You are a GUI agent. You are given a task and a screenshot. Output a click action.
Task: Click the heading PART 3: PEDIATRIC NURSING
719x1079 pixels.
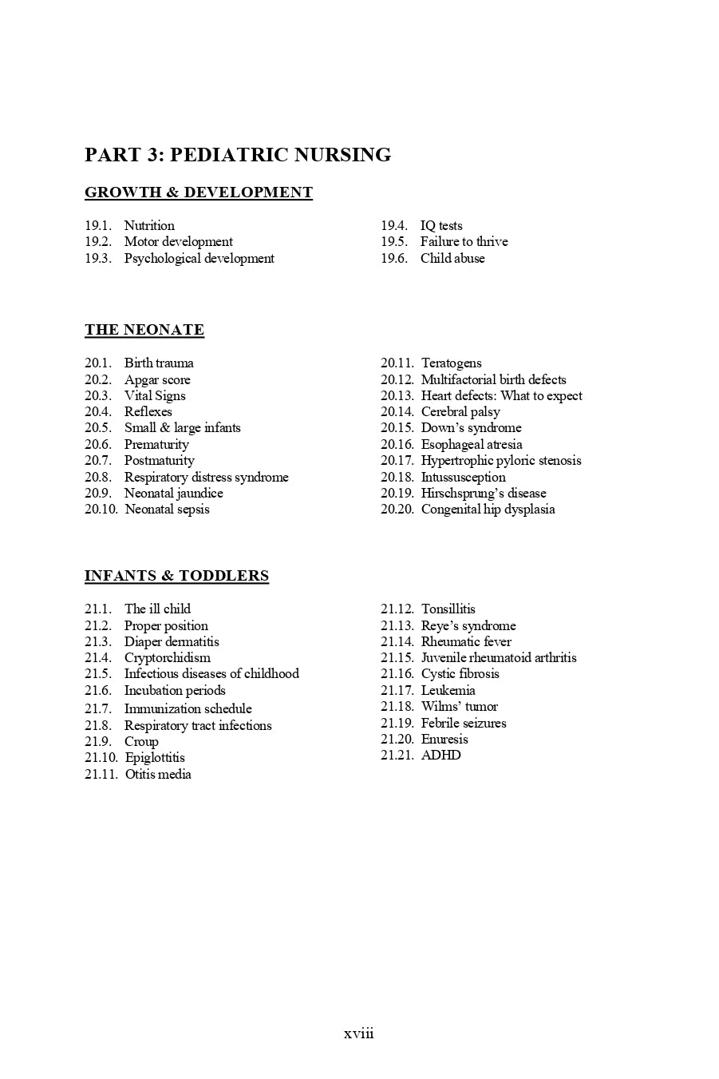tap(238, 155)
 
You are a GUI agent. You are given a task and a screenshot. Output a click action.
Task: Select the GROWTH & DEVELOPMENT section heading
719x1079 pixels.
tap(199, 192)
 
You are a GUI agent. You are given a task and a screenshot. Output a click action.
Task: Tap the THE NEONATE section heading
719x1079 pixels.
tap(144, 330)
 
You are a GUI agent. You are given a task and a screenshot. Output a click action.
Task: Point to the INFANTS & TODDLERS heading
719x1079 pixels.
tap(176, 576)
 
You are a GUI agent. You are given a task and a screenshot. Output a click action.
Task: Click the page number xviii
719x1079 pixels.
tap(359, 1033)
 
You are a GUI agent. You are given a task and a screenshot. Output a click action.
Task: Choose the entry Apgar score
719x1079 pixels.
tap(157, 379)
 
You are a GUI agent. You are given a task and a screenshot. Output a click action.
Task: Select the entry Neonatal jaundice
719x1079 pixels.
tap(173, 493)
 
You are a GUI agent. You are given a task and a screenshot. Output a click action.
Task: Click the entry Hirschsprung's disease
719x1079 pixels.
tap(484, 493)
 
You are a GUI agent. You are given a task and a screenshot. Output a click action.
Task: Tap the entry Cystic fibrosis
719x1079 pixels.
tap(460, 673)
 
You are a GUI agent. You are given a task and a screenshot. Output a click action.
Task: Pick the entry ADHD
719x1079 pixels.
tap(440, 755)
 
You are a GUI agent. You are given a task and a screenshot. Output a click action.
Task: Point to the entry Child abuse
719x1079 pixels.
tap(452, 258)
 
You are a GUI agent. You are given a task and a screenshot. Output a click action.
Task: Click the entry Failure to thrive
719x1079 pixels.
tap(464, 241)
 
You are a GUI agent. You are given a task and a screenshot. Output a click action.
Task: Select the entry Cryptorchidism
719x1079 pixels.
tap(168, 657)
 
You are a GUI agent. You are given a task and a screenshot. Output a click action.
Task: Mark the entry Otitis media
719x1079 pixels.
tap(158, 774)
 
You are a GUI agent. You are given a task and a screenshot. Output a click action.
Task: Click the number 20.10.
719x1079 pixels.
tap(101, 509)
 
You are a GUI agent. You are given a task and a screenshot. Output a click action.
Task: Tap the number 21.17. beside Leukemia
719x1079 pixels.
tap(397, 690)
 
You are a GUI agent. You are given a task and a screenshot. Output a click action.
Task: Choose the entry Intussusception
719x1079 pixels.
tap(463, 477)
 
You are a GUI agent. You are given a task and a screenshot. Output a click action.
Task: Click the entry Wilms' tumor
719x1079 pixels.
tap(459, 706)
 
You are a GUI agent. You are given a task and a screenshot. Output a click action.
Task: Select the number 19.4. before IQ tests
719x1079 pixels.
tap(394, 225)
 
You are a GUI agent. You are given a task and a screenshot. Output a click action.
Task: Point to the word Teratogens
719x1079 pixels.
tap(451, 363)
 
